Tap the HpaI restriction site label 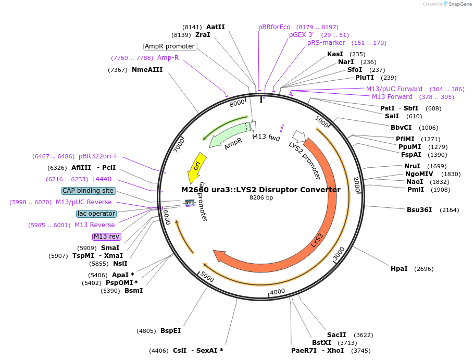coord(399,269)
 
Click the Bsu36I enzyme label coord(419,210)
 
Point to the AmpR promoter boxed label coord(170,46)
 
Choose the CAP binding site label coord(88,191)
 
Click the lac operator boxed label coord(96,214)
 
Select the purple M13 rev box coord(107,237)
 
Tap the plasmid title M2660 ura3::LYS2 coord(260,190)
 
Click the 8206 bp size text coord(261,197)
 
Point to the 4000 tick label coord(278,291)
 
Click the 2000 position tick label coord(357,184)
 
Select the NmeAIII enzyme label coord(147,69)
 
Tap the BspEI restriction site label coord(170,331)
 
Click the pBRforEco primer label coord(274,27)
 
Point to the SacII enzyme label coord(336,335)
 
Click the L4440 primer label coord(102,179)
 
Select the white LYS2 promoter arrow coord(299,136)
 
